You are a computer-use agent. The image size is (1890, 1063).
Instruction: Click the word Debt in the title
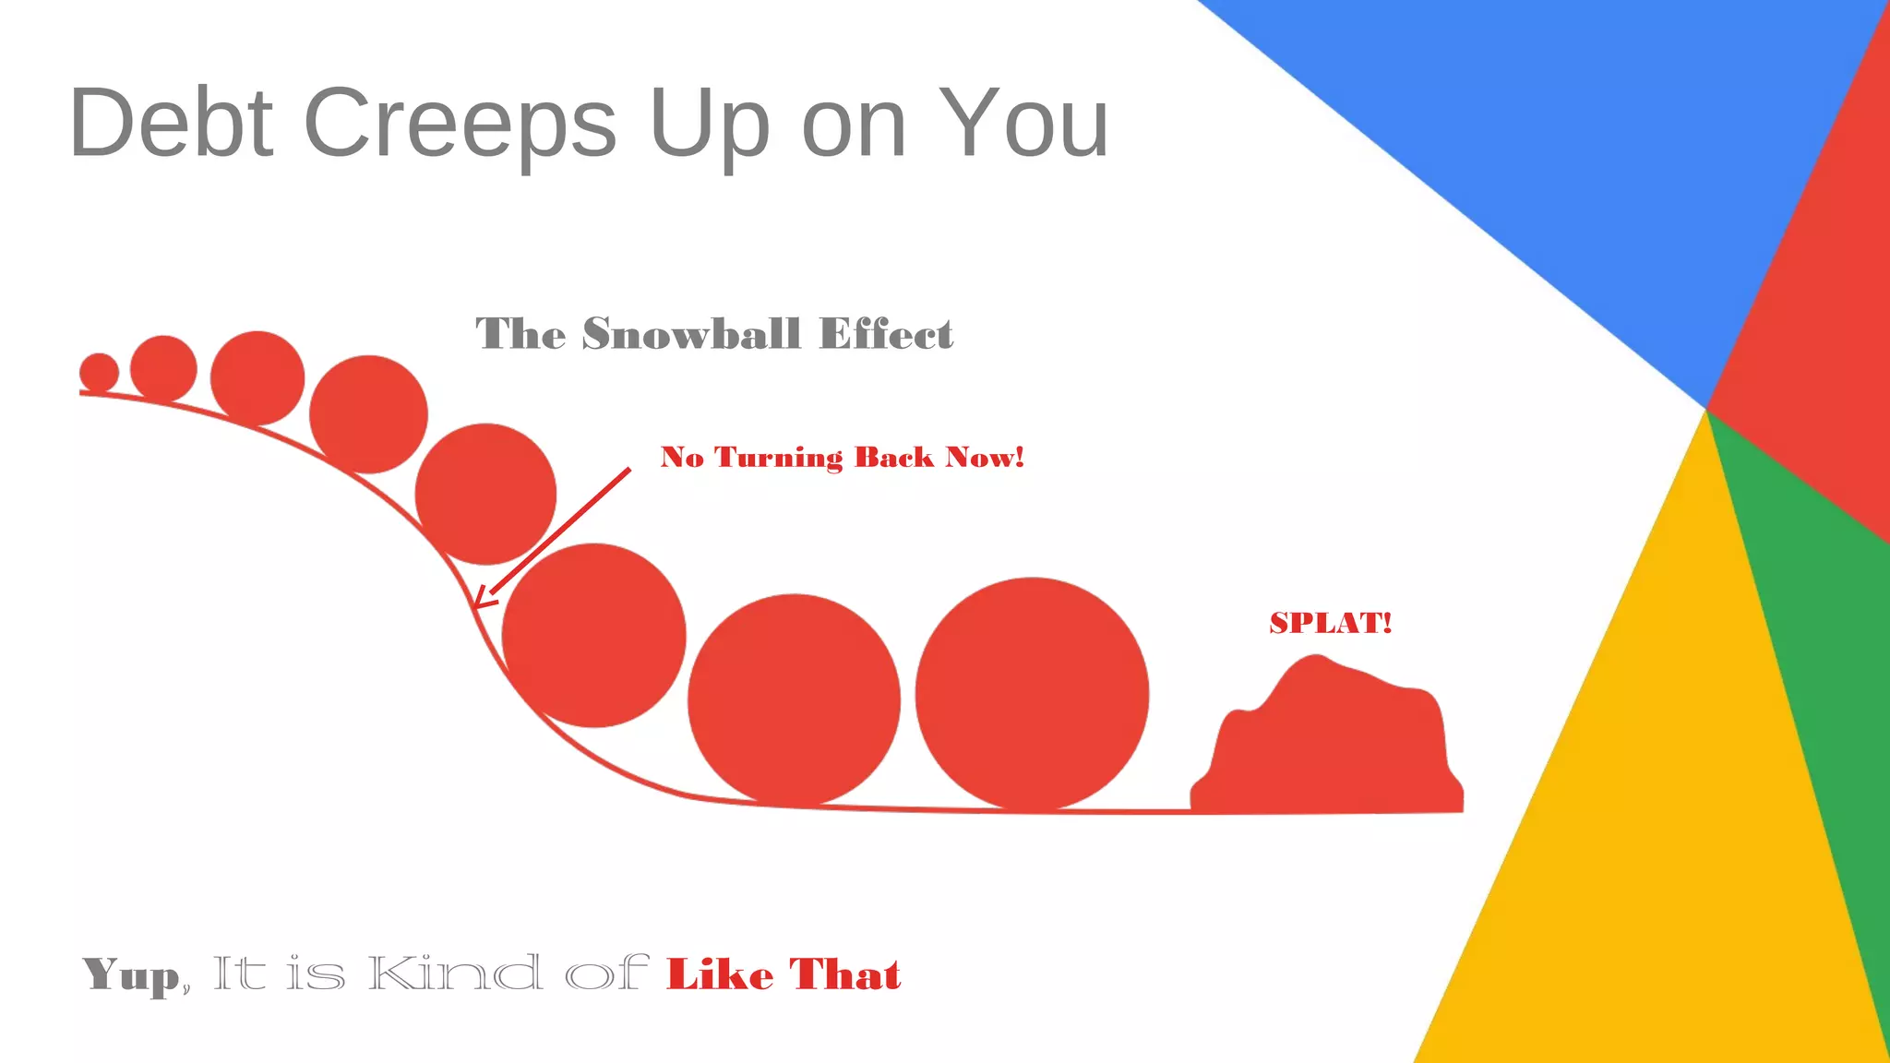click(171, 122)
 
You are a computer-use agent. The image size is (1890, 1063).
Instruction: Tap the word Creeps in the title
click(460, 124)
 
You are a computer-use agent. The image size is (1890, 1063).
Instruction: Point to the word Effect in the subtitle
click(886, 334)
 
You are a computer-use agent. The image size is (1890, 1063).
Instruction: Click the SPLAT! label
click(1330, 623)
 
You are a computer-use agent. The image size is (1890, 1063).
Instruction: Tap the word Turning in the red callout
click(779, 458)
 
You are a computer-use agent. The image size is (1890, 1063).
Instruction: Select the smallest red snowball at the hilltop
click(99, 372)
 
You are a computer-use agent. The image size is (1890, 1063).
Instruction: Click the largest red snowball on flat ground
click(1032, 695)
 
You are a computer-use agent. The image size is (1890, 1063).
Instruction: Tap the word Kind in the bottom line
click(454, 974)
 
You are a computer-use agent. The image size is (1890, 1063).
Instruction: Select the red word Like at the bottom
click(720, 975)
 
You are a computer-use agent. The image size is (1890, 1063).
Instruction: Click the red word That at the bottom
click(844, 975)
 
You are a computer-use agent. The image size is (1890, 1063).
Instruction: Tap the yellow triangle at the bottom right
click(1643, 830)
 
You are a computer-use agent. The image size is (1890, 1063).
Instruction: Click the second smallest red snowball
click(163, 369)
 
